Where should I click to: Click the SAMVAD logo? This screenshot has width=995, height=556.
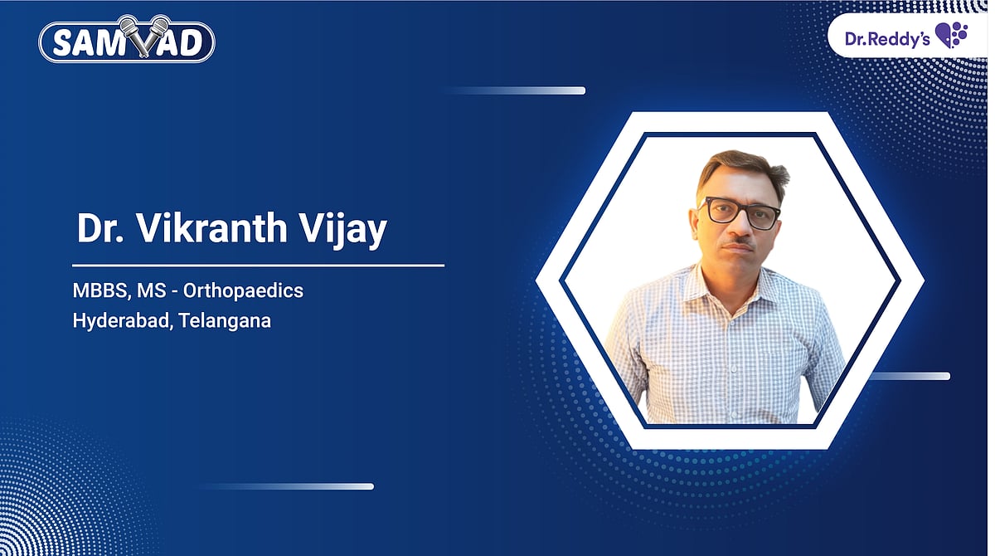coord(128,41)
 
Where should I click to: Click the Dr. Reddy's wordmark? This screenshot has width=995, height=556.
coord(886,37)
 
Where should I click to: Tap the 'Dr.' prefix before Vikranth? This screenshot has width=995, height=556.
coord(96,229)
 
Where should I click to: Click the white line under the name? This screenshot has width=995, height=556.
coord(258,266)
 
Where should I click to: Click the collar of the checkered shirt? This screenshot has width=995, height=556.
coord(730,282)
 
